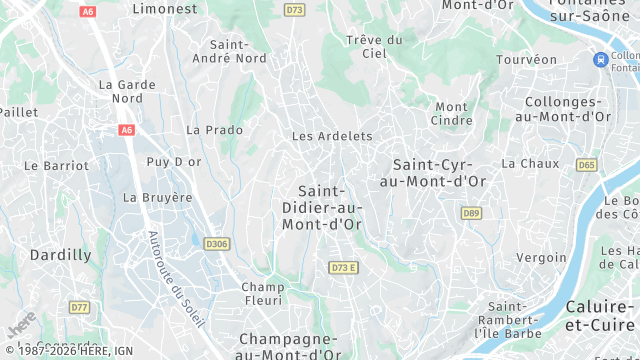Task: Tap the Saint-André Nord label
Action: [x=237, y=51]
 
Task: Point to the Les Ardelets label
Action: [x=331, y=136]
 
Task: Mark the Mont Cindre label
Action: [x=452, y=113]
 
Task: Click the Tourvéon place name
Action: [x=527, y=60]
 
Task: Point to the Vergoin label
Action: [x=541, y=257]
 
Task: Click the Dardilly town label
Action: [x=60, y=255]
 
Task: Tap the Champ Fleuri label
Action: [x=263, y=293]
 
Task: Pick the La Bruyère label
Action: [x=157, y=198]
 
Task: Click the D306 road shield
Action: [x=216, y=243]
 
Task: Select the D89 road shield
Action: [x=471, y=213]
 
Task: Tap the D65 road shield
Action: [x=587, y=165]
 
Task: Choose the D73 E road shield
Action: [x=343, y=267]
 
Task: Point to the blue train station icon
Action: [x=601, y=60]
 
